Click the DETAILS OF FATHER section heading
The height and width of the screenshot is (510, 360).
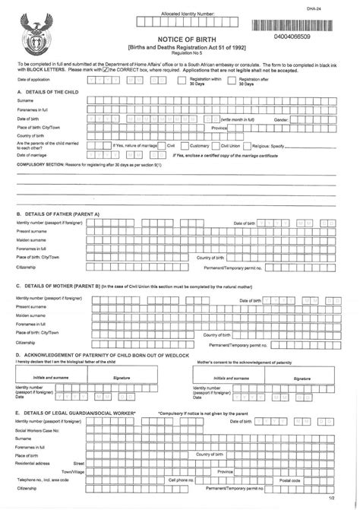coord(58,214)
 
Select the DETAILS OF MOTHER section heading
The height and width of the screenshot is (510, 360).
coord(58,285)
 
